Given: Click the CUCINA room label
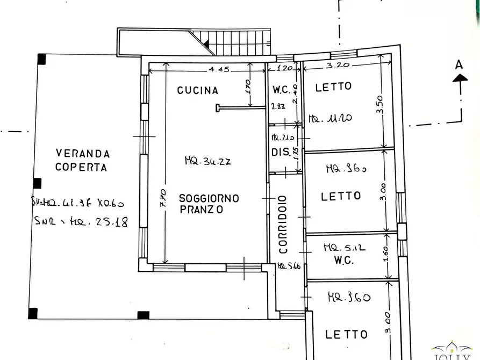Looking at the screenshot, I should tap(198, 90).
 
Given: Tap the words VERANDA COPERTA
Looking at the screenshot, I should tap(81, 160).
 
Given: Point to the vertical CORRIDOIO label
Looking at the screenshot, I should tap(283, 224).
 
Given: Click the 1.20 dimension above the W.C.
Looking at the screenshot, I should tap(285, 69).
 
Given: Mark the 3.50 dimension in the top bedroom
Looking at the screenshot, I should tap(380, 104).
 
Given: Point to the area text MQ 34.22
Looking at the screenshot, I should tap(207, 160).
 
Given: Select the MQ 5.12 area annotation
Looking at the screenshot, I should tap(344, 248).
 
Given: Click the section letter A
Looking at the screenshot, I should tap(458, 64).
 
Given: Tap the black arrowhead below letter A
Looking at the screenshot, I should tap(460, 78).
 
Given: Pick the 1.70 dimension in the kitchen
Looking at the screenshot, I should tap(249, 85).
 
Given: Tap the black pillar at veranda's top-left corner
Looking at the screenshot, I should tap(41, 59).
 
